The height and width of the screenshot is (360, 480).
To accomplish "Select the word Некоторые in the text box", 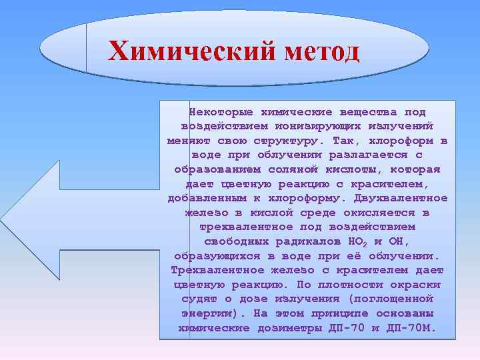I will [x=219, y=111].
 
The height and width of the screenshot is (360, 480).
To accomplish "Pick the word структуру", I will [x=287, y=141].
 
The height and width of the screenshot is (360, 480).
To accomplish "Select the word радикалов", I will [x=306, y=241].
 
